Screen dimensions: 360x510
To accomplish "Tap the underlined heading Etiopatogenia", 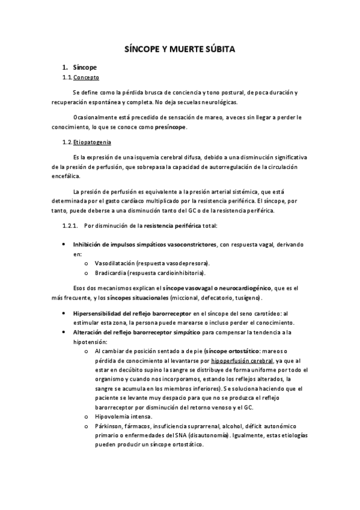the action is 91,142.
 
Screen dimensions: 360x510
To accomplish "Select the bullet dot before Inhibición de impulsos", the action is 64,245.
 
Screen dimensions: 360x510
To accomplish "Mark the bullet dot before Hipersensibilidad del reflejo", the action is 64,313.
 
